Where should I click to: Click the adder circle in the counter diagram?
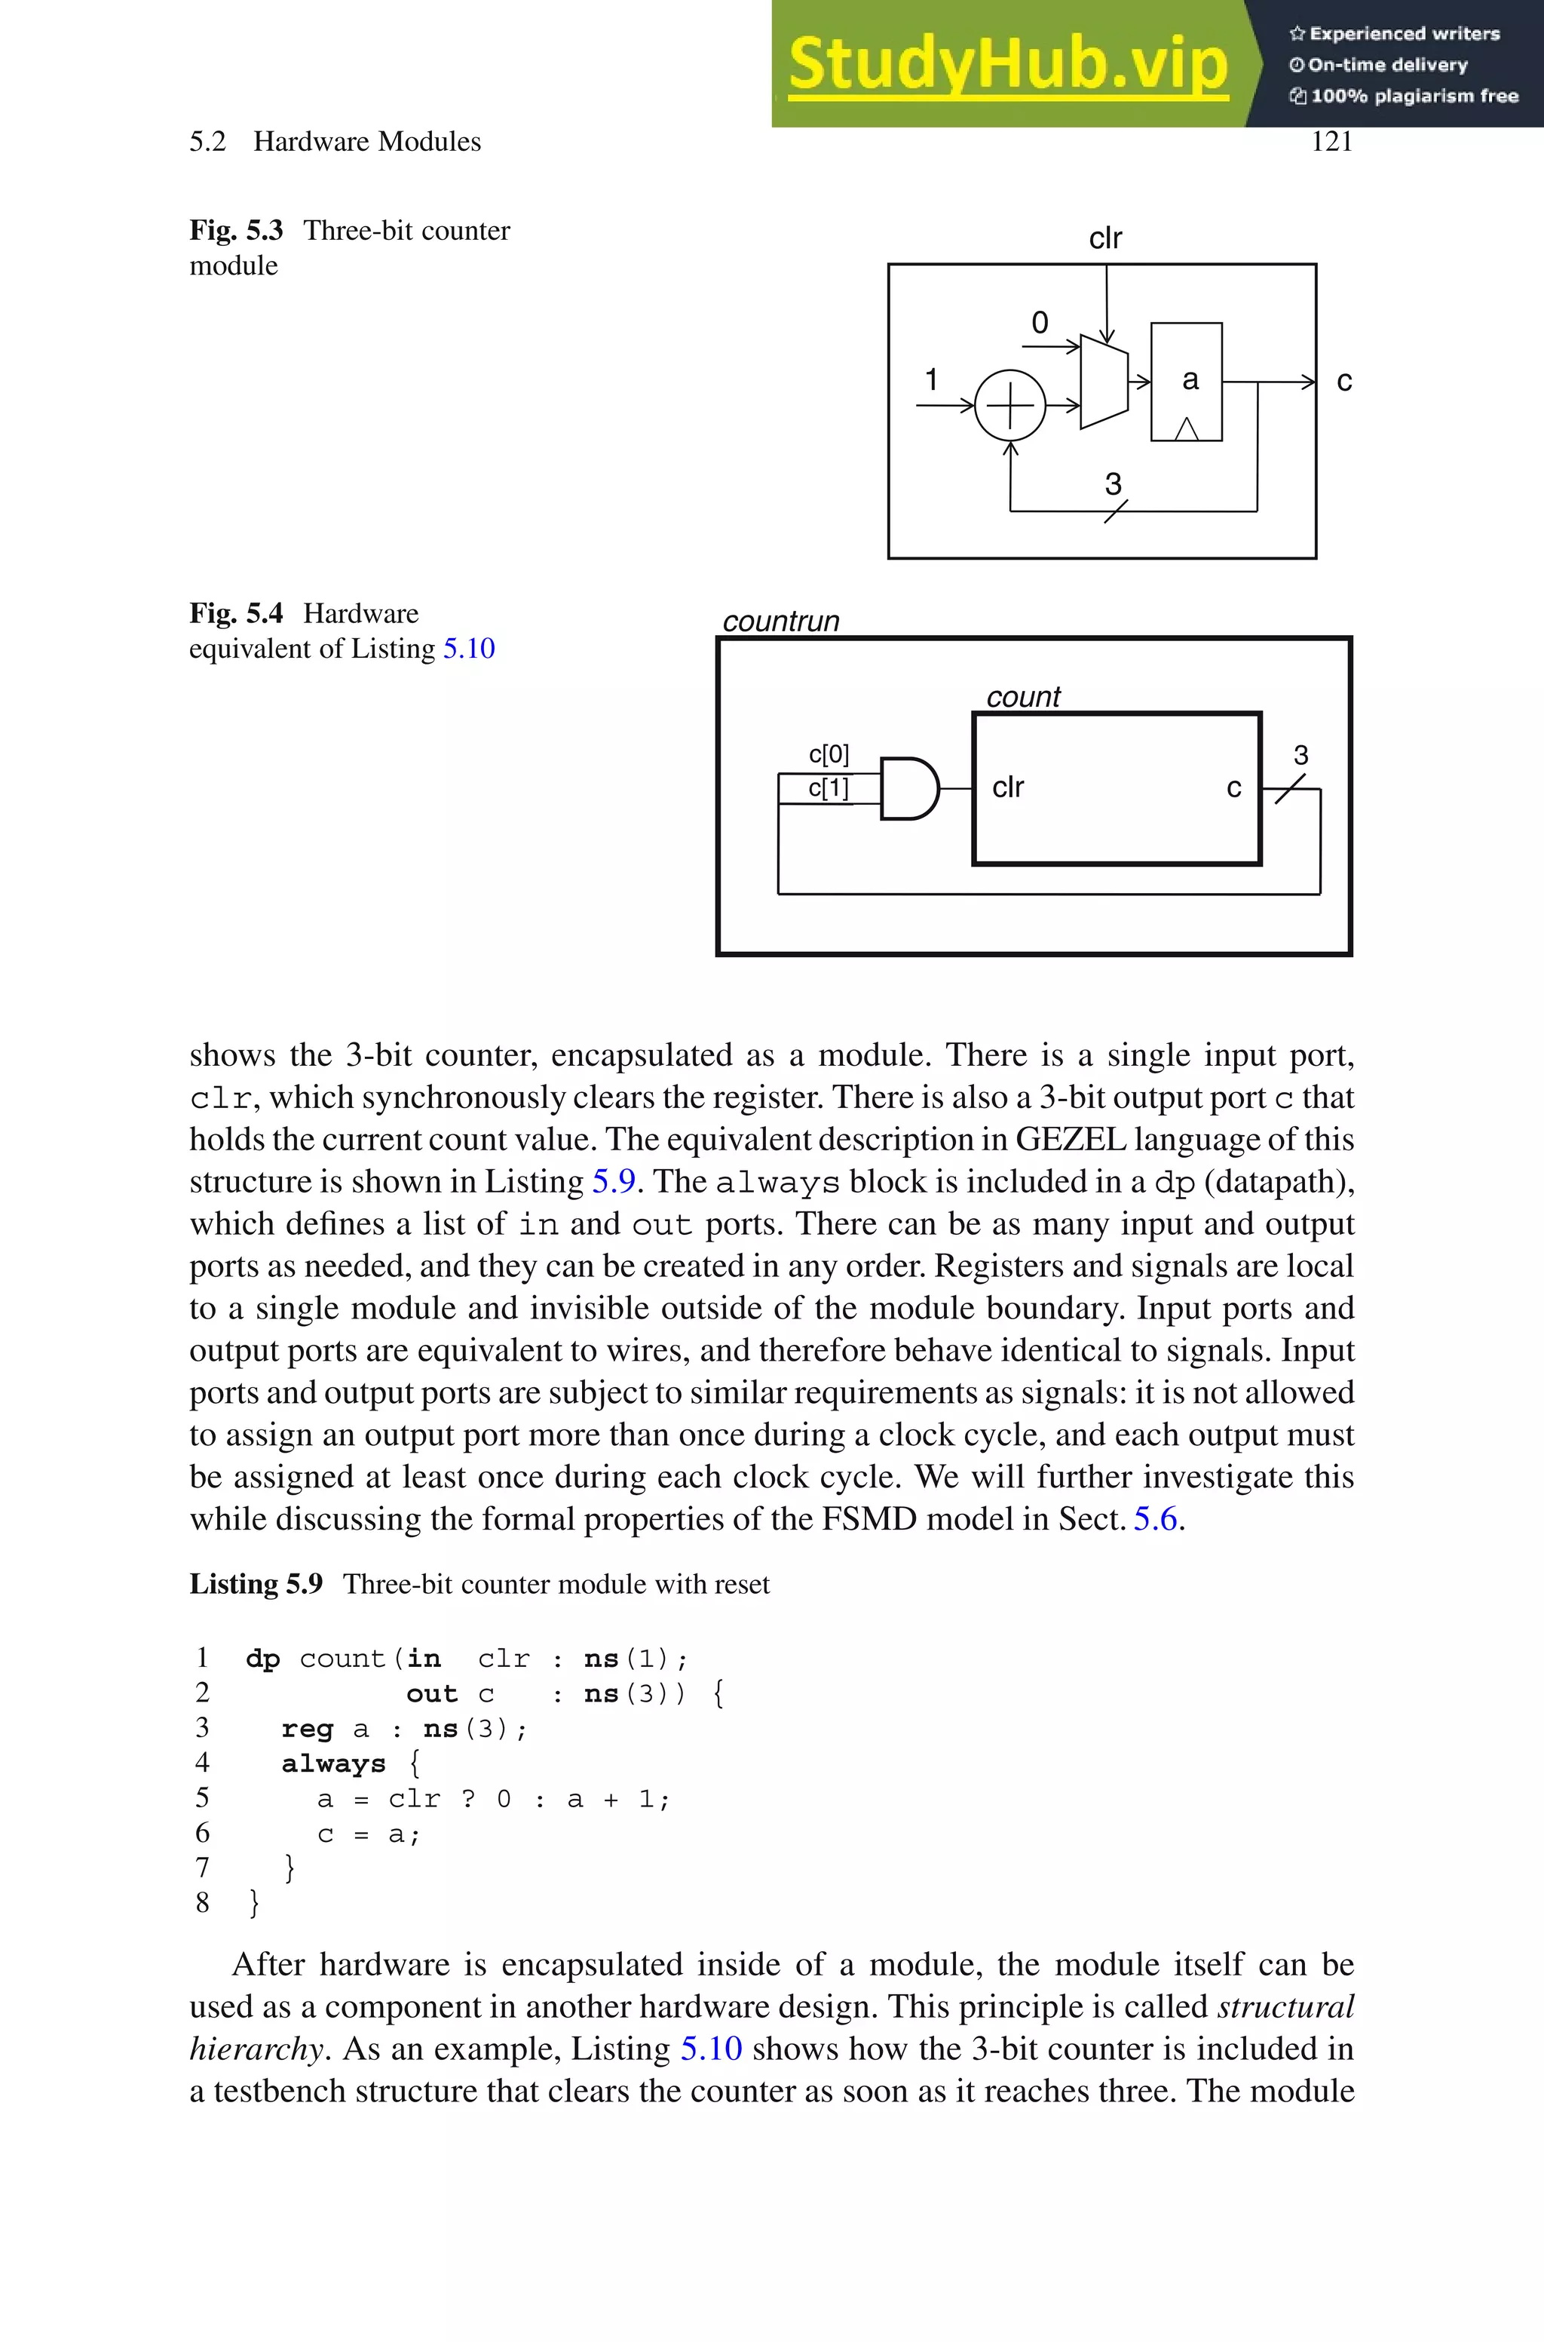(1009, 406)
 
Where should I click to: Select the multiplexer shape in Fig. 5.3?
(1104, 382)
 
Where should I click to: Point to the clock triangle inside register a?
(1187, 428)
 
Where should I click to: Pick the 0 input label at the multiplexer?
(1040, 323)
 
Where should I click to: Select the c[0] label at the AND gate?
(828, 754)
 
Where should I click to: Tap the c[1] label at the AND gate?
(828, 788)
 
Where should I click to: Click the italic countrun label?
(781, 622)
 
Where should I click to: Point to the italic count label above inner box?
(1023, 697)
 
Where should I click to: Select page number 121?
(1331, 142)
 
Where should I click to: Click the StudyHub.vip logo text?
(1007, 64)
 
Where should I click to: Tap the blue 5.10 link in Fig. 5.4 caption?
(469, 648)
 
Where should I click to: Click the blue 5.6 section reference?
(1155, 1518)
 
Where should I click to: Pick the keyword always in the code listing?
(332, 1764)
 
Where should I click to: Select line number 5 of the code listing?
(202, 1798)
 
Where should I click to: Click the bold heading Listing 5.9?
(256, 1584)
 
